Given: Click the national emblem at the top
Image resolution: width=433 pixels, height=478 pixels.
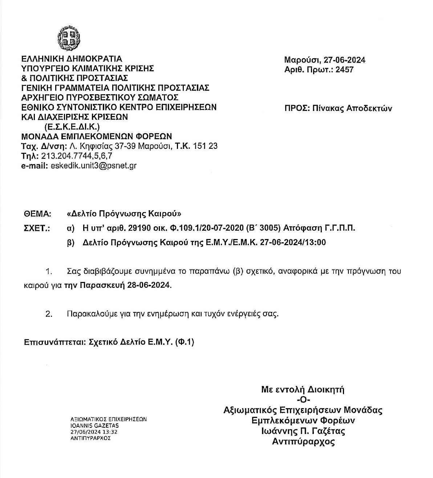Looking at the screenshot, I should point(69,37).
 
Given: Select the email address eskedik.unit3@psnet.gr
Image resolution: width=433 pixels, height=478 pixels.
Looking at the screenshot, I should point(94,166).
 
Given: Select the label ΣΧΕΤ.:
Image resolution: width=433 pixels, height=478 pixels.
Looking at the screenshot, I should point(36,228).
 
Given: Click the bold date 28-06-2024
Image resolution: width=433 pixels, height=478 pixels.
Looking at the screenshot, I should point(149,285).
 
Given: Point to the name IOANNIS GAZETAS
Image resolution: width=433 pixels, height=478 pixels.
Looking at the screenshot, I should point(94,425).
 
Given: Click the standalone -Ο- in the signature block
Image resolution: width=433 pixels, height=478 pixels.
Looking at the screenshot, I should point(303,400).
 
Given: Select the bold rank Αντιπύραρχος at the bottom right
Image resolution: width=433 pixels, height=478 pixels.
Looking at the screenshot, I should point(303,442).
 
